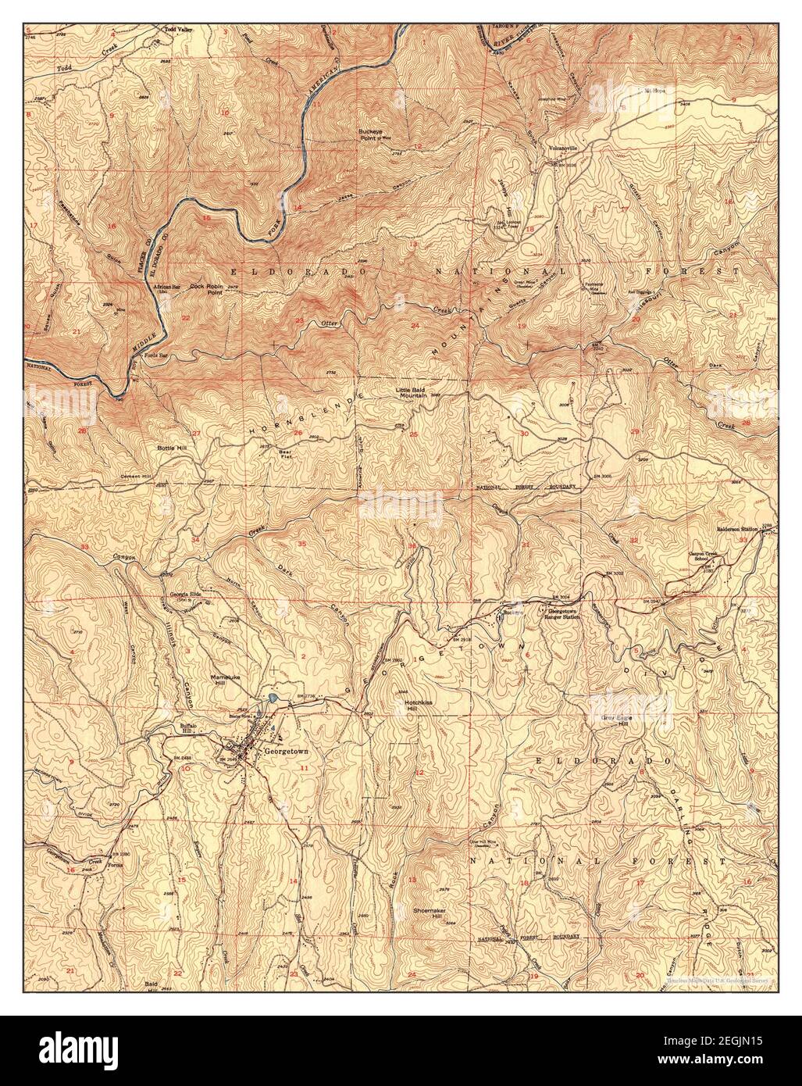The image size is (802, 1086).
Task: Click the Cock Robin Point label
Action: coord(207,290)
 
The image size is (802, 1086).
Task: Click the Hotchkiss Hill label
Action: coord(424,706)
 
